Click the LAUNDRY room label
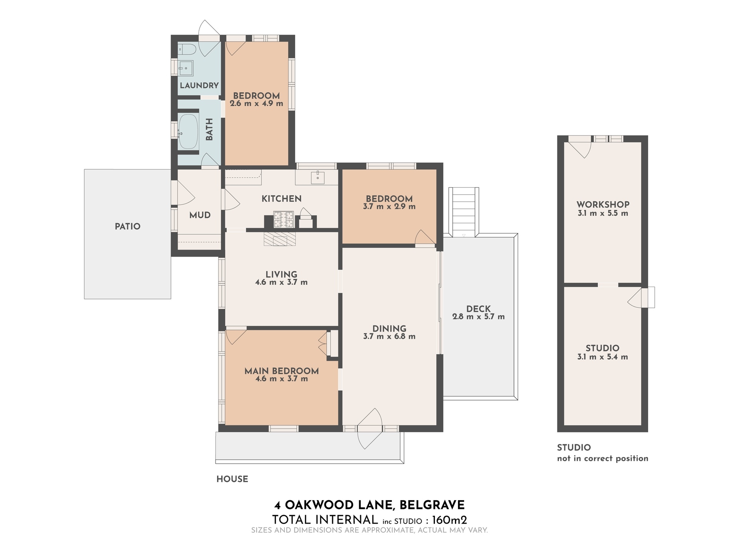tap(199, 85)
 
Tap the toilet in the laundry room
tap(187, 49)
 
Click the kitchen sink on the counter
tap(318, 178)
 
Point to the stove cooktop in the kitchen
tap(283, 219)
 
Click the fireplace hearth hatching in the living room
tap(280, 238)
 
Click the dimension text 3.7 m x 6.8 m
tap(389, 337)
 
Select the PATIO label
tap(127, 227)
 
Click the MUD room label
tap(200, 215)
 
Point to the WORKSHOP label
tap(603, 205)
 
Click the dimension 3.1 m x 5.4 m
tap(602, 357)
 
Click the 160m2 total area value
tap(450, 520)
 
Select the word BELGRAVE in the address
tap(432, 505)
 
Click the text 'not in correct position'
tap(602, 459)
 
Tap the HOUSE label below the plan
tap(232, 479)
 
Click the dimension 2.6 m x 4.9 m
tap(256, 103)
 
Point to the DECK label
tap(478, 309)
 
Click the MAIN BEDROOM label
tap(281, 371)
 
